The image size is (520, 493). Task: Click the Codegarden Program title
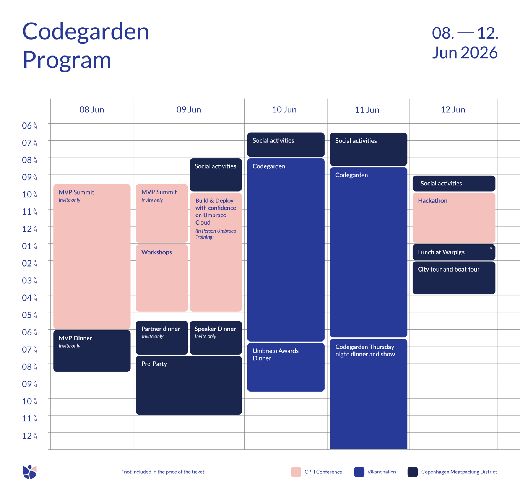pyautogui.click(x=85, y=45)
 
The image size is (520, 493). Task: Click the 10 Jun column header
pyautogui.click(x=284, y=110)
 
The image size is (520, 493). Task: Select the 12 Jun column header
pyautogui.click(x=453, y=110)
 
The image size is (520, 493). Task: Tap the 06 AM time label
pyautogui.click(x=29, y=125)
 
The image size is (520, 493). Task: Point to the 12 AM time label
pyautogui.click(x=29, y=436)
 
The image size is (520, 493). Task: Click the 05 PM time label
pyautogui.click(x=29, y=315)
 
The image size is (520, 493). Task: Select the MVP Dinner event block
pyautogui.click(x=92, y=351)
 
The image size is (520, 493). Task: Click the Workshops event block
pyautogui.click(x=162, y=278)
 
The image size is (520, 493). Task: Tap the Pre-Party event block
pyautogui.click(x=188, y=385)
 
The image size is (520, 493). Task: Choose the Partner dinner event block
pyautogui.click(x=162, y=337)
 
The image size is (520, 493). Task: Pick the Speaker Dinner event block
pyautogui.click(x=216, y=337)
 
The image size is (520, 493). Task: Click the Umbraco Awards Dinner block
pyautogui.click(x=286, y=367)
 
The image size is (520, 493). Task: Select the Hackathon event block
pyautogui.click(x=453, y=218)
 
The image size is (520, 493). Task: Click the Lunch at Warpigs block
pyautogui.click(x=453, y=252)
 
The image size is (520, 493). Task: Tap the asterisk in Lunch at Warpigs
pyautogui.click(x=491, y=249)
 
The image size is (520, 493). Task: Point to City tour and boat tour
pyautogui.click(x=453, y=278)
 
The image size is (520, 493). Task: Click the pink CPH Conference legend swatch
pyautogui.click(x=296, y=472)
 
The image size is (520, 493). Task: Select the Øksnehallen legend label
pyautogui.click(x=382, y=472)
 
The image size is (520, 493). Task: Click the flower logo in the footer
pyautogui.click(x=29, y=472)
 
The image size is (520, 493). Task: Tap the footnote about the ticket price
pyautogui.click(x=163, y=472)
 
